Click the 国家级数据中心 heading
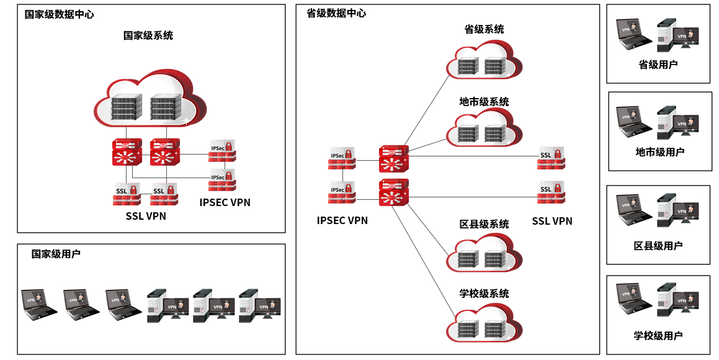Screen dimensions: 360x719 pyautogui.click(x=59, y=14)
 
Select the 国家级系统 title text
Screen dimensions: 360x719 pyautogui.click(x=148, y=35)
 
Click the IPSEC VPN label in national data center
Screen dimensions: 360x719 pyautogui.click(x=225, y=202)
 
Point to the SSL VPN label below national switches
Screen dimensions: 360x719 pyautogui.click(x=146, y=217)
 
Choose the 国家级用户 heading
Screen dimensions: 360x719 pyautogui.click(x=56, y=254)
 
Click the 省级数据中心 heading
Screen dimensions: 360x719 pyautogui.click(x=336, y=13)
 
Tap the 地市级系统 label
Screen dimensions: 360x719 pyautogui.click(x=484, y=102)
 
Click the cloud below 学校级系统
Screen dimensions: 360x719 pyautogui.click(x=484, y=323)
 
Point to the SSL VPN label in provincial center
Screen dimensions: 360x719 pyautogui.click(x=552, y=221)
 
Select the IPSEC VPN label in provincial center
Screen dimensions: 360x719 pyautogui.click(x=342, y=220)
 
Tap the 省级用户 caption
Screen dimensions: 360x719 pyautogui.click(x=658, y=65)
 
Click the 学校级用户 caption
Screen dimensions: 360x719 pyautogui.click(x=658, y=336)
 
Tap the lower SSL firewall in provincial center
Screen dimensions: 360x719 pyautogui.click(x=551, y=192)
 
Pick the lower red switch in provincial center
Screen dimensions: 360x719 pyautogui.click(x=393, y=193)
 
